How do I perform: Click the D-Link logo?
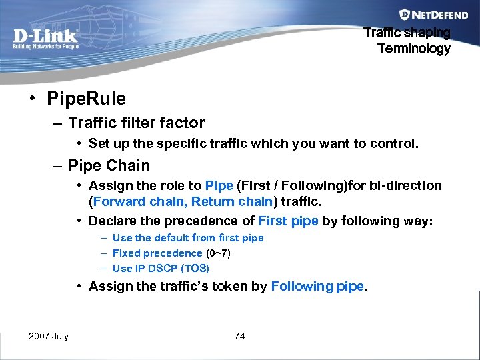pos(45,38)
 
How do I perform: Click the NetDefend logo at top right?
pos(425,14)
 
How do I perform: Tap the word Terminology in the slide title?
pos(413,48)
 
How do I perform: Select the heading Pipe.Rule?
pos(86,99)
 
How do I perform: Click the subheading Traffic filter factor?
pos(136,123)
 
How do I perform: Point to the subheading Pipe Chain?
pos(109,165)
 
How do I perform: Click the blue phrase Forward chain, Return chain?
pos(183,201)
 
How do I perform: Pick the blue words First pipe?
pos(288,221)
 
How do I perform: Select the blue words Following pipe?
pos(317,286)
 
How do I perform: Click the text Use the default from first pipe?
pos(188,237)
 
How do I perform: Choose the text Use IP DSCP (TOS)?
pos(161,268)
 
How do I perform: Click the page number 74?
pos(240,336)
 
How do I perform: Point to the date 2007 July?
pos(49,336)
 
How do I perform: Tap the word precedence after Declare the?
pos(211,221)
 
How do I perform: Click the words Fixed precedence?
pos(157,253)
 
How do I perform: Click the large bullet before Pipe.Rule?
pos(32,99)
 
